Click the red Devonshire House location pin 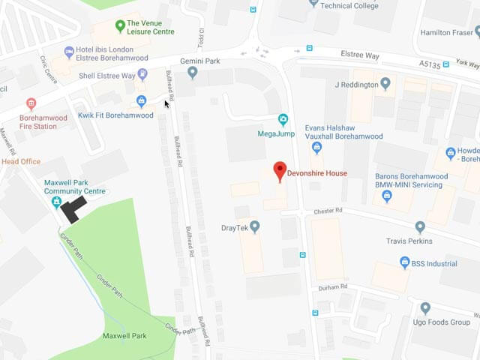point(279,170)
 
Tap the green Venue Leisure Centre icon point(119,26)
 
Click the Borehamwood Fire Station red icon point(31,104)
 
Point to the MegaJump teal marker point(283,119)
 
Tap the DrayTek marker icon point(254,226)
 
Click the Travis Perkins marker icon point(420,226)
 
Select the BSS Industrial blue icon point(404,263)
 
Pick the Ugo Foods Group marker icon point(425,307)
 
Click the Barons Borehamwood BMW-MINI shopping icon point(387,196)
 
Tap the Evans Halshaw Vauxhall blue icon point(316,147)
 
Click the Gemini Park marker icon point(193,73)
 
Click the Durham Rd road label point(334,286)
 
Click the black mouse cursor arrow point(167,103)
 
